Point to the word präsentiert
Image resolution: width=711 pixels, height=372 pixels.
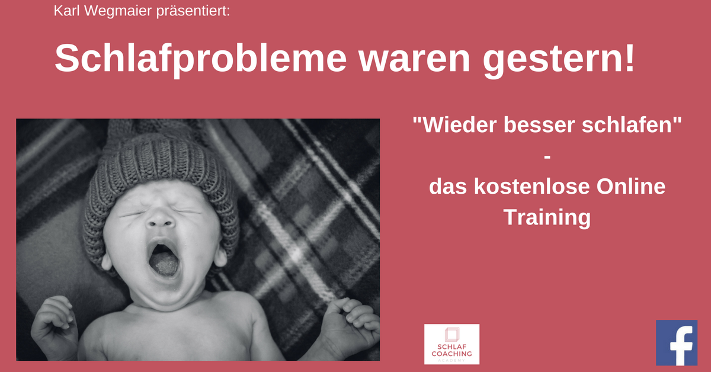[x=193, y=11]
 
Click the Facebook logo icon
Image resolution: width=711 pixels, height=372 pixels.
[x=677, y=342]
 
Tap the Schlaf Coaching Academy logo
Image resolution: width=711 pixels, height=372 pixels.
[x=451, y=344]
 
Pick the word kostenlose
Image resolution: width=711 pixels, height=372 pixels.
[x=531, y=187]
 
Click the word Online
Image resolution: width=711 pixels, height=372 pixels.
[x=630, y=187]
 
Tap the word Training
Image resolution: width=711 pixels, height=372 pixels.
[x=547, y=219]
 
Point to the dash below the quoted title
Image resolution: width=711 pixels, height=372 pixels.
[x=547, y=156]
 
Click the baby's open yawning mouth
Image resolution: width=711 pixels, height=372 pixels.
[x=164, y=259]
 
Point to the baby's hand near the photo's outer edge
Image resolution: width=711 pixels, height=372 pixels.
[x=54, y=320]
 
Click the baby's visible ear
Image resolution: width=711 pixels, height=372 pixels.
[x=220, y=256]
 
